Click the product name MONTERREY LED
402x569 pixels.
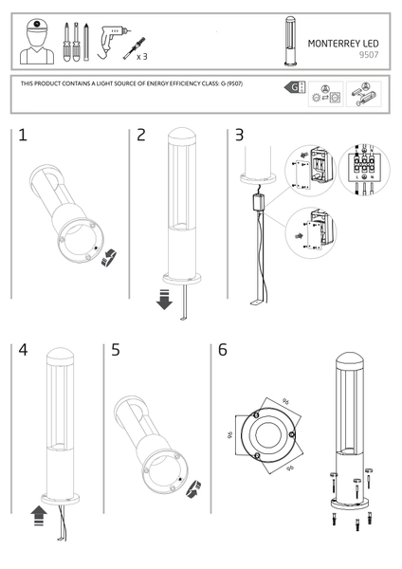pos(343,43)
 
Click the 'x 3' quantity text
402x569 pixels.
pos(142,57)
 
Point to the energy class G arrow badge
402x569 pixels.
pos(292,88)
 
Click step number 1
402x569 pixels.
pos(22,136)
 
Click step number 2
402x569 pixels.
pos(141,136)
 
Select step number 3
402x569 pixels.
pos(239,136)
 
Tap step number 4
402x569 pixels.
pos(22,350)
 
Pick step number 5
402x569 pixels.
pos(115,350)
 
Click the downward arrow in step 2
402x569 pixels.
pos(163,302)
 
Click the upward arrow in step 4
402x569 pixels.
pos(38,515)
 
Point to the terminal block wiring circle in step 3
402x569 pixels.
pos(363,171)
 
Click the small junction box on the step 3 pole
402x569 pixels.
pos(256,201)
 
